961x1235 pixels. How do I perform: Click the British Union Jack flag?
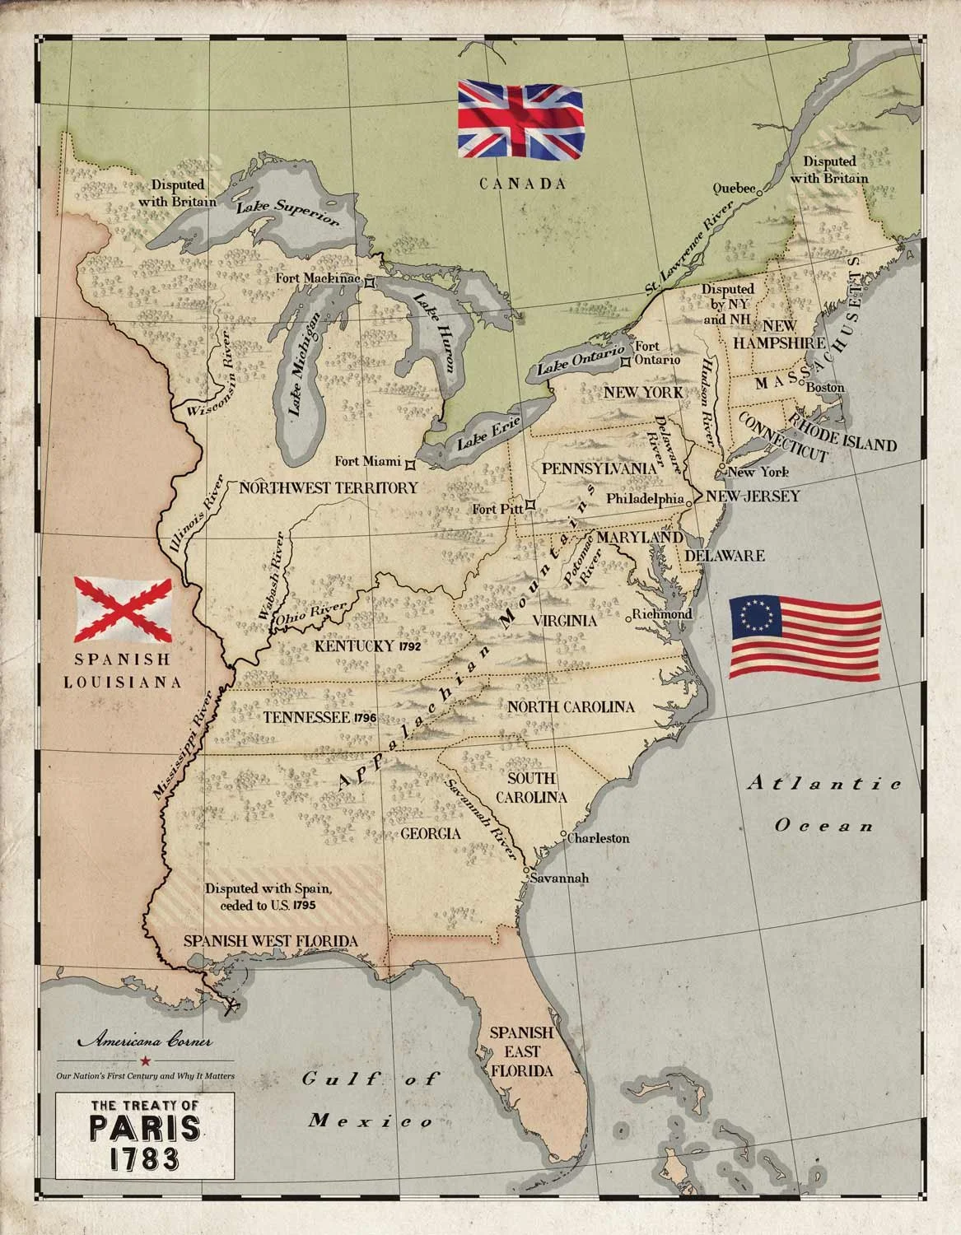520,120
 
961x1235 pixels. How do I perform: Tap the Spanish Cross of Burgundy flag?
124,609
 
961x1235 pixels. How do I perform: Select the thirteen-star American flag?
805,638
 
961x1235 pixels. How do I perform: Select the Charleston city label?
599,838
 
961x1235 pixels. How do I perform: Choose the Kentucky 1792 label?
368,646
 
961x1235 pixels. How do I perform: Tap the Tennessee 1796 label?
320,718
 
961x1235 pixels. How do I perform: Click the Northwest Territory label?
329,487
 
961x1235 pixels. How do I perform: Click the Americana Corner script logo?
145,1041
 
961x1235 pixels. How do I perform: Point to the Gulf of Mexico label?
371,1099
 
